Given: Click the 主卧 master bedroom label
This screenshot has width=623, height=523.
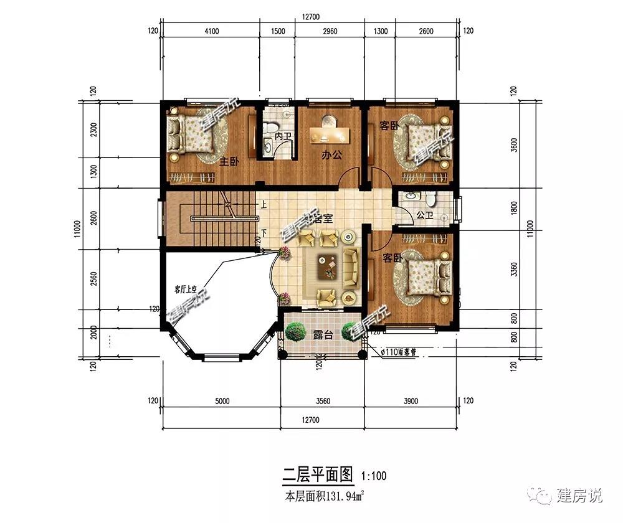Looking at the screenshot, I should [229, 162].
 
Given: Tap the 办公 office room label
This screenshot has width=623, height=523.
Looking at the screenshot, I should [331, 156].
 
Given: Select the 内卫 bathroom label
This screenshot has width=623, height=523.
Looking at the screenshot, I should [282, 136].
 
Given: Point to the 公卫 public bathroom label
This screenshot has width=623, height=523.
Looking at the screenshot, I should [424, 215].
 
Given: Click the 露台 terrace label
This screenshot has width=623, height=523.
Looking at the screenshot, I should [322, 335].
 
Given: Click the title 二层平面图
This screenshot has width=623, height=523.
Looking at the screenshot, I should [318, 476].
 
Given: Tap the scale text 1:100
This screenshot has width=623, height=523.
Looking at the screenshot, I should [374, 477].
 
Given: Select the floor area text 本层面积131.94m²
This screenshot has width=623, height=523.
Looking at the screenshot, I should [324, 497].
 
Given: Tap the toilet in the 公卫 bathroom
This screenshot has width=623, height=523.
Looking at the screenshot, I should [430, 199].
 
